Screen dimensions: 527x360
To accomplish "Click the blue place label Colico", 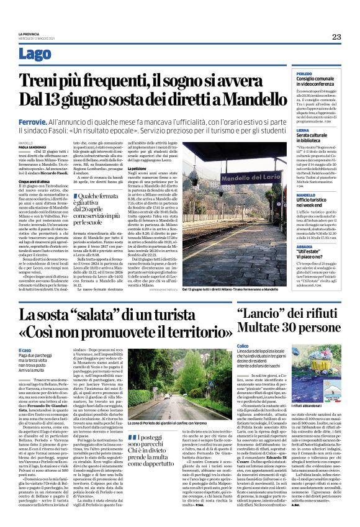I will point(243,345).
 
